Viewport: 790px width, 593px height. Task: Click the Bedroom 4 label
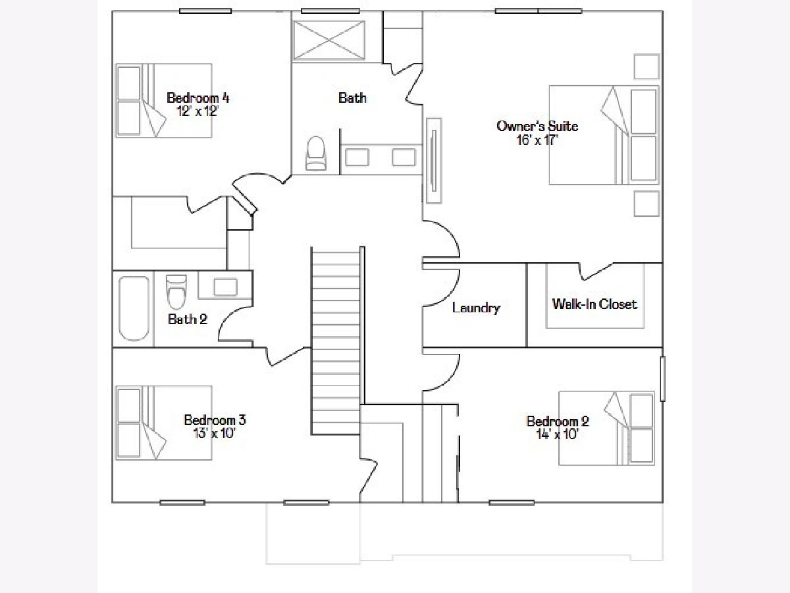pyautogui.click(x=198, y=98)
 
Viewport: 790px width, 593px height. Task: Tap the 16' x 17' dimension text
pyautogui.click(x=537, y=140)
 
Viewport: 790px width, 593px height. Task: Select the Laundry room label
pyautogui.click(x=476, y=308)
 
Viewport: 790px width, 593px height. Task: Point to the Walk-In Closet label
pyautogui.click(x=594, y=304)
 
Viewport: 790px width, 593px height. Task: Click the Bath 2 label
pyautogui.click(x=188, y=319)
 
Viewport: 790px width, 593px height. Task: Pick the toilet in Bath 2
pyautogui.click(x=176, y=292)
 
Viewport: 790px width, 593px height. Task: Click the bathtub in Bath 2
pyautogui.click(x=134, y=308)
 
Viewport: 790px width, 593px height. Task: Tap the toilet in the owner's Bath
pyautogui.click(x=315, y=153)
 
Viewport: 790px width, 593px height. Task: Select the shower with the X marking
pyautogui.click(x=329, y=40)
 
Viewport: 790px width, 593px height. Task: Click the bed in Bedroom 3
pyautogui.click(x=164, y=423)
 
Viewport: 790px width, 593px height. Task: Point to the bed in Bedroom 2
pyautogui.click(x=606, y=428)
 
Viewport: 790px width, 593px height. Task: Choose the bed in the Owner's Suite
pyautogui.click(x=604, y=135)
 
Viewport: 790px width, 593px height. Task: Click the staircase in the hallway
pyautogui.click(x=336, y=341)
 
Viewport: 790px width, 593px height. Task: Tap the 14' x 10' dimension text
pyautogui.click(x=557, y=435)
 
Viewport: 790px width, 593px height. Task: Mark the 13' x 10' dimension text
pyautogui.click(x=215, y=433)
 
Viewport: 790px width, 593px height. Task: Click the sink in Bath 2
pyautogui.click(x=225, y=288)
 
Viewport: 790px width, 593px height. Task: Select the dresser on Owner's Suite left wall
pyautogui.click(x=434, y=161)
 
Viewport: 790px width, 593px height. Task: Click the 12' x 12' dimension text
pyautogui.click(x=198, y=111)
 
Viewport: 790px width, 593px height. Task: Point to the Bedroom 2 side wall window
pyautogui.click(x=663, y=378)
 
